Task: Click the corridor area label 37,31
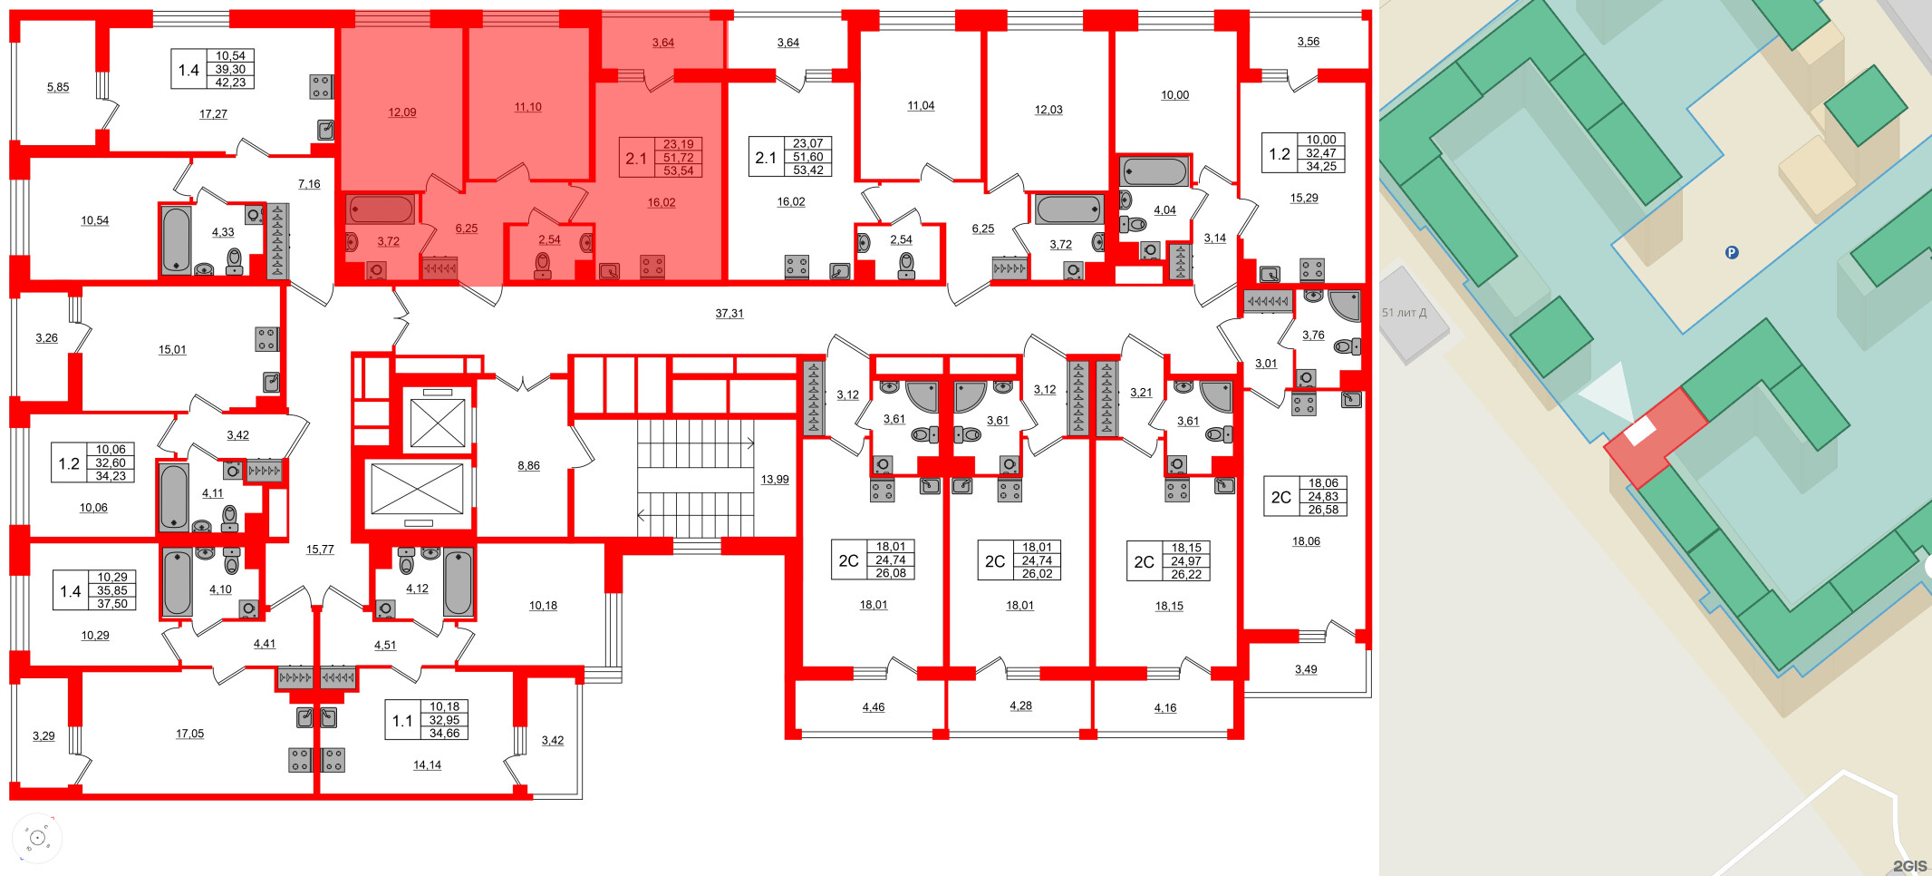(x=729, y=314)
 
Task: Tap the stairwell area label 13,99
(x=775, y=480)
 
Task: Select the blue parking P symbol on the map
(x=1732, y=253)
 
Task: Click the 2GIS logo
(x=1908, y=866)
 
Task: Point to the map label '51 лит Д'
(x=1404, y=313)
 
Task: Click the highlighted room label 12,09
(x=402, y=112)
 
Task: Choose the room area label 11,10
(x=527, y=107)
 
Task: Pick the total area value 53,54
(x=678, y=170)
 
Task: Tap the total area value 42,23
(x=230, y=83)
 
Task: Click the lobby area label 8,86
(x=528, y=466)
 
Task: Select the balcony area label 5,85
(x=58, y=87)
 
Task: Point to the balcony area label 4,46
(x=874, y=707)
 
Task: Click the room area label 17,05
(x=189, y=734)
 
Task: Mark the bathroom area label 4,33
(x=223, y=232)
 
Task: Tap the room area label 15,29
(x=1304, y=198)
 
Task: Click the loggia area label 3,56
(x=1308, y=42)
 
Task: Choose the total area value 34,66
(x=444, y=734)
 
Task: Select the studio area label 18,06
(x=1306, y=541)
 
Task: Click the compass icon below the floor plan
(x=37, y=838)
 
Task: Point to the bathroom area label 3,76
(x=1313, y=336)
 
